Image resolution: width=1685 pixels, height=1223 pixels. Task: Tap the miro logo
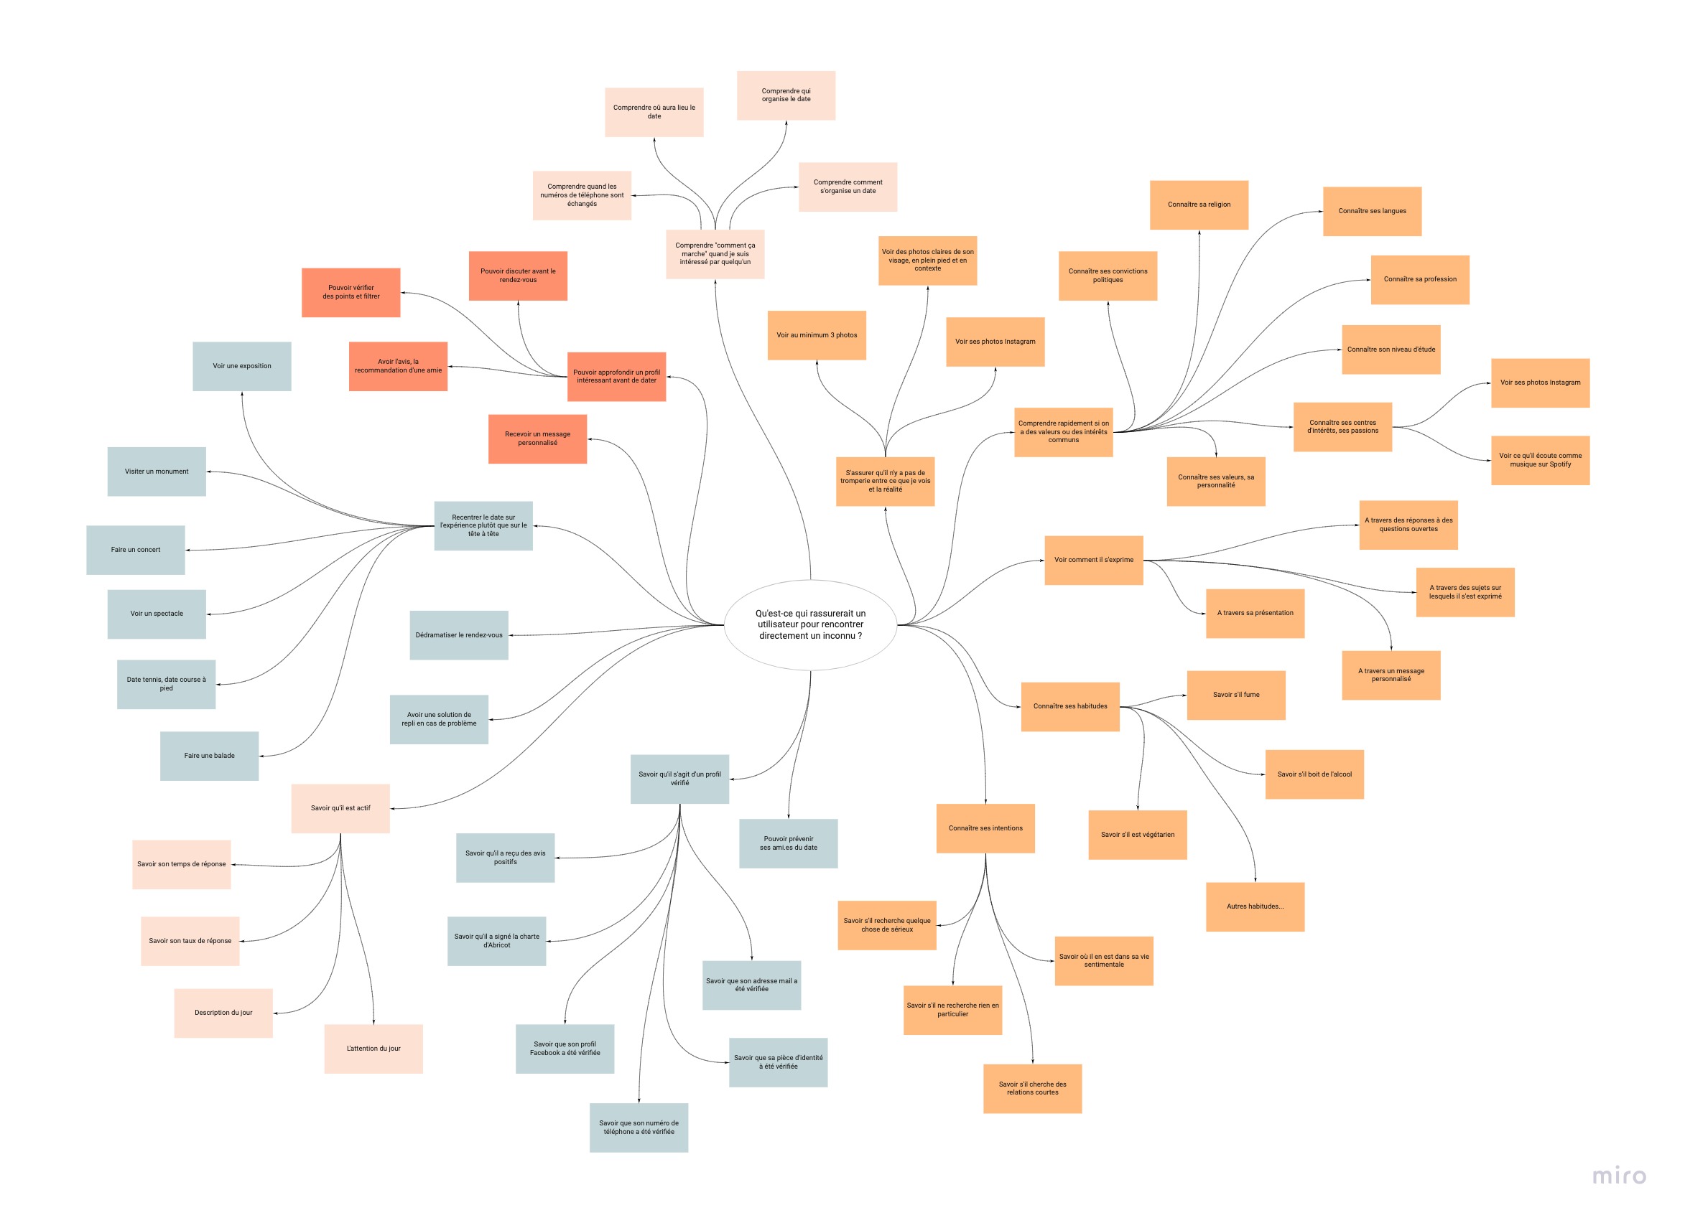pyautogui.click(x=1619, y=1176)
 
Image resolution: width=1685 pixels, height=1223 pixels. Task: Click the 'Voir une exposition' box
pyautogui.click(x=241, y=366)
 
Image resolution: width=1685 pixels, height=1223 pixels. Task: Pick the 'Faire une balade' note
pyautogui.click(x=209, y=756)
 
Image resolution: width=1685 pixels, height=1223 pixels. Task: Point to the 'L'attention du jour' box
pyautogui.click(x=373, y=1049)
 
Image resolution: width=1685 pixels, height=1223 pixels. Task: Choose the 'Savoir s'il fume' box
pyautogui.click(x=1235, y=695)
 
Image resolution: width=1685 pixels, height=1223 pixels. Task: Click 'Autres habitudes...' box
pyautogui.click(x=1255, y=906)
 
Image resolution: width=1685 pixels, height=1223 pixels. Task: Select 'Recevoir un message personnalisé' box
pyautogui.click(x=537, y=439)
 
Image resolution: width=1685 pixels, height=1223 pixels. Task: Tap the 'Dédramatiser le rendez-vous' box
pyautogui.click(x=458, y=635)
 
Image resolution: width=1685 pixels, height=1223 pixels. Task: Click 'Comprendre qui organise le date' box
pyautogui.click(x=786, y=95)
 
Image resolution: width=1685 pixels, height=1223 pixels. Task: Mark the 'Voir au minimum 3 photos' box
pyautogui.click(x=817, y=335)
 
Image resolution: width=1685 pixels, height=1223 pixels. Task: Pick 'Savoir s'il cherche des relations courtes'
pyautogui.click(x=1032, y=1089)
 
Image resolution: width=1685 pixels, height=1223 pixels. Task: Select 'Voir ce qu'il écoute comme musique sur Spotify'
pyautogui.click(x=1540, y=460)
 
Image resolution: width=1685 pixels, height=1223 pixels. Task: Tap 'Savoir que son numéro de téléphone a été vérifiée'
pyautogui.click(x=639, y=1128)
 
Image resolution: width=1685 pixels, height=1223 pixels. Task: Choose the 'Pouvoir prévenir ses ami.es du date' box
pyautogui.click(x=788, y=843)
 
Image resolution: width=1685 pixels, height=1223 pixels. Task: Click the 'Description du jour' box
pyautogui.click(x=223, y=1013)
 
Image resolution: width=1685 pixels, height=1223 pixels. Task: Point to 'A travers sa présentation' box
pyautogui.click(x=1255, y=614)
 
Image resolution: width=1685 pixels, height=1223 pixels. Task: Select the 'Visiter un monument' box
pyautogui.click(x=156, y=472)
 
